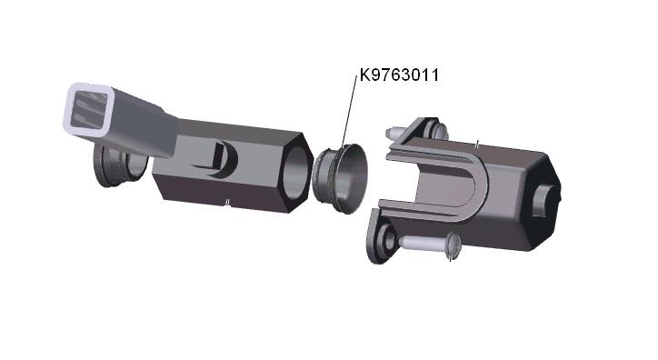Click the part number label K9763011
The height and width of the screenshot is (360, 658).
click(x=399, y=75)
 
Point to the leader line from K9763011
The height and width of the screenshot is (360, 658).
click(x=349, y=111)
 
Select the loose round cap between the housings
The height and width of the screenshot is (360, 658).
click(x=340, y=178)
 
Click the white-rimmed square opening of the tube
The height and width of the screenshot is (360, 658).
click(x=88, y=109)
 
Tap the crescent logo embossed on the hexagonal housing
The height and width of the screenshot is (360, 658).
click(x=225, y=160)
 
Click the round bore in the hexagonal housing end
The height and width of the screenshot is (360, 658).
click(x=294, y=172)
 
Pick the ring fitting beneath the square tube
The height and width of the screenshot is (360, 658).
click(x=120, y=165)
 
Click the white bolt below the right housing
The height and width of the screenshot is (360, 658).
click(x=430, y=245)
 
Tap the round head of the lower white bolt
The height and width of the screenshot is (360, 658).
click(x=454, y=245)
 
